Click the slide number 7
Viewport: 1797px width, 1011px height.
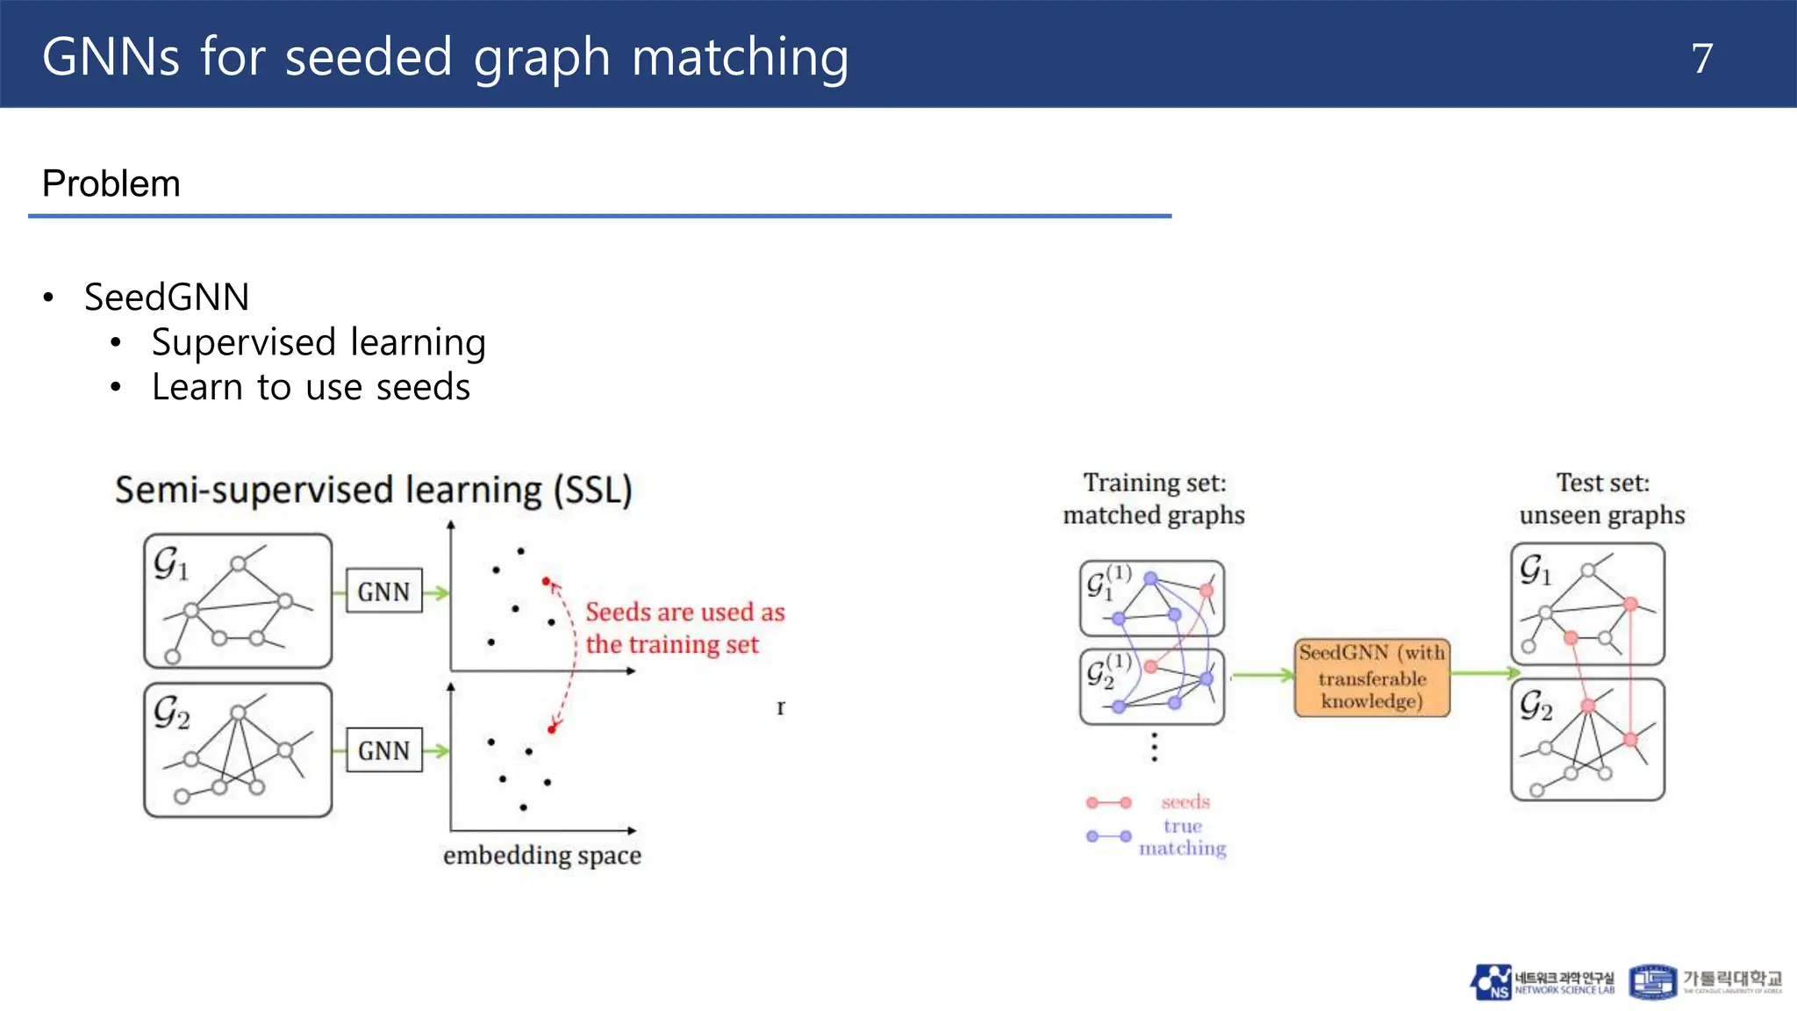pyautogui.click(x=1701, y=59)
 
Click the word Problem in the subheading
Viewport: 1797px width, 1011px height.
pyautogui.click(x=111, y=184)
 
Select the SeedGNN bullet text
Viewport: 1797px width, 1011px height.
pyautogui.click(x=167, y=297)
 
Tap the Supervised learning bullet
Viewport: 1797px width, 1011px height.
pyautogui.click(x=319, y=342)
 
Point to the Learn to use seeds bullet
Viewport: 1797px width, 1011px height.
pyautogui.click(x=311, y=387)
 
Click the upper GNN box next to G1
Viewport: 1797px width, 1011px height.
pyautogui.click(x=383, y=592)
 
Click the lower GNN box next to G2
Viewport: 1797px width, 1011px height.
pyautogui.click(x=383, y=750)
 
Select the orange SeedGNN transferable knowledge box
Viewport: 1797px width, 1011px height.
pyautogui.click(x=1371, y=678)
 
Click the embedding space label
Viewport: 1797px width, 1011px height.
pyautogui.click(x=541, y=855)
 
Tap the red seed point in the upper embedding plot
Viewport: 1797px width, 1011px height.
pyautogui.click(x=546, y=581)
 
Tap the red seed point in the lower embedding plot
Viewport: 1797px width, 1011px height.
pyautogui.click(x=551, y=729)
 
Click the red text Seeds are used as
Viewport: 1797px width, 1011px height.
pyautogui.click(x=684, y=612)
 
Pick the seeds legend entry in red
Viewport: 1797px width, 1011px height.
pyautogui.click(x=1185, y=802)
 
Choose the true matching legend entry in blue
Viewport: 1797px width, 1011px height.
pyautogui.click(x=1182, y=836)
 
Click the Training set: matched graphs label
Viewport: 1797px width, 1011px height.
pyautogui.click(x=1154, y=498)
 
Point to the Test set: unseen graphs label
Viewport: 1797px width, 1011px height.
pyautogui.click(x=1602, y=498)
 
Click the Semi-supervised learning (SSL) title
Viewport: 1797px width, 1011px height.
pyautogui.click(x=374, y=490)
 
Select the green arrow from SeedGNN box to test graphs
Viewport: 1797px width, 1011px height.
pyautogui.click(x=1484, y=673)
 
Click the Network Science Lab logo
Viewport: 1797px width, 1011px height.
pyautogui.click(x=1543, y=982)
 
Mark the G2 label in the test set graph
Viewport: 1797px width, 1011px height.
pyautogui.click(x=1536, y=705)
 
